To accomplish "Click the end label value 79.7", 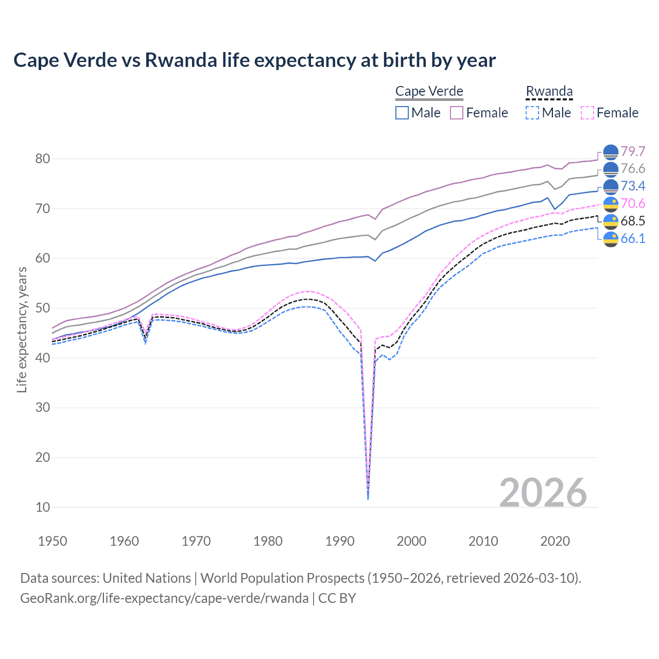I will click(633, 151).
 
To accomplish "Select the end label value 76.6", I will click(633, 169).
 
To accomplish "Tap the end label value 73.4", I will click(633, 186).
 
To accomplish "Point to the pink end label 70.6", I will click(633, 203).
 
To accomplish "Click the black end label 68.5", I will click(633, 221).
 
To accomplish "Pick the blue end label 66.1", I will click(633, 238).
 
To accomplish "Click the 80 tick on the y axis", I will click(43, 159).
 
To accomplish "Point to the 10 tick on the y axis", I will click(43, 507).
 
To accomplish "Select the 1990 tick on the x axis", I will click(340, 541).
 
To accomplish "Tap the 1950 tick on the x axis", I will click(53, 541).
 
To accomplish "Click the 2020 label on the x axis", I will click(555, 541).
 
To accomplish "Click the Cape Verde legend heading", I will click(429, 91).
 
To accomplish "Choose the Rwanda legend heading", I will click(549, 91).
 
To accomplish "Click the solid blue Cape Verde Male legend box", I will click(402, 113).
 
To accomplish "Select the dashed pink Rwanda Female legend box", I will click(587, 113).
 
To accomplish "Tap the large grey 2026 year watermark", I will click(543, 493).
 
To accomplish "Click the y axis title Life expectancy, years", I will click(22, 329).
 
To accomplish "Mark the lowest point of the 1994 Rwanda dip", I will click(368, 498).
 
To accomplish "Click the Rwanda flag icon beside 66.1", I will click(611, 239).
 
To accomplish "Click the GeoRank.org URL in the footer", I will click(164, 598).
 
